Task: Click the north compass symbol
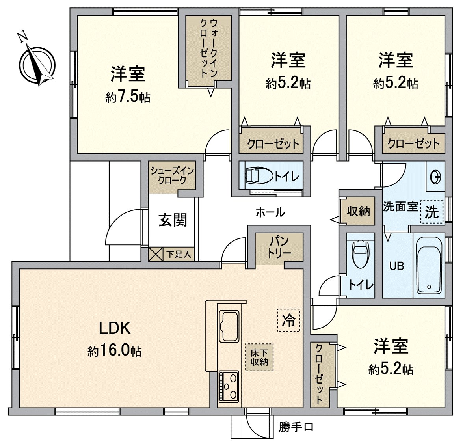pyautogui.click(x=37, y=65)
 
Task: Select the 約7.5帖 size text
pyautogui.click(x=128, y=97)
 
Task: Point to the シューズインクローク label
pyautogui.click(x=172, y=176)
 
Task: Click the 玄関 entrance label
pyautogui.click(x=173, y=220)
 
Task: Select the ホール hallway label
pyautogui.click(x=270, y=212)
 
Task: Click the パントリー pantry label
pyautogui.click(x=279, y=246)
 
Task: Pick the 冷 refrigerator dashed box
pyautogui.click(x=288, y=320)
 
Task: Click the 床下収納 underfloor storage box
pyautogui.click(x=259, y=358)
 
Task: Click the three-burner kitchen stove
pyautogui.click(x=229, y=386)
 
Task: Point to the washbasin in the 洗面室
pyautogui.click(x=436, y=177)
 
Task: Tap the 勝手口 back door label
pyautogui.click(x=296, y=427)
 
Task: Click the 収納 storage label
pyautogui.click(x=358, y=211)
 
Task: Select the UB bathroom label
pyautogui.click(x=396, y=266)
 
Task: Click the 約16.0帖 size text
pyautogui.click(x=114, y=350)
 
